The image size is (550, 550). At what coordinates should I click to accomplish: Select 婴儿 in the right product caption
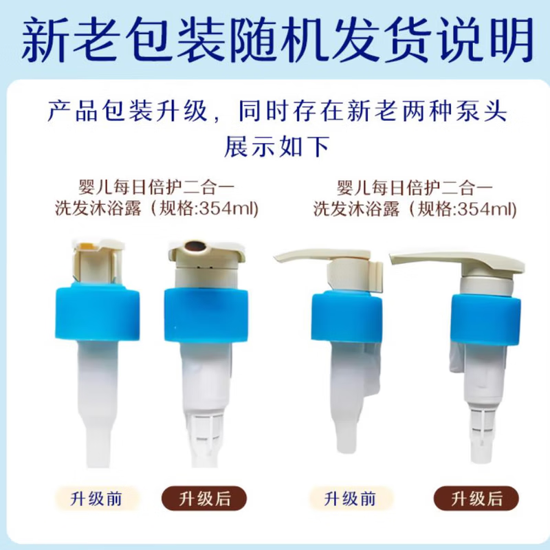click(x=351, y=187)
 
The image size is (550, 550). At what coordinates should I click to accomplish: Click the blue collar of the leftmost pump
click(x=98, y=313)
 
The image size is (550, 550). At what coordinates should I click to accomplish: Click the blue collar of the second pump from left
click(x=206, y=313)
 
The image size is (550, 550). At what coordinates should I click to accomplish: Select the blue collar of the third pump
click(x=344, y=315)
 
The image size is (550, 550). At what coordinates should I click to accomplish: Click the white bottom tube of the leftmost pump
click(x=96, y=426)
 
